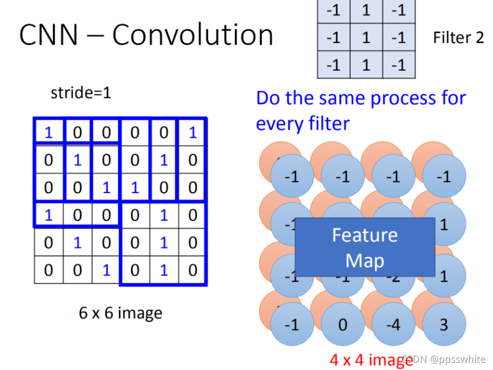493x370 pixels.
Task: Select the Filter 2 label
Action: pos(458,37)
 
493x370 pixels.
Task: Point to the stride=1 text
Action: pos(80,93)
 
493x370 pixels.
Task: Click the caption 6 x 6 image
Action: pos(120,313)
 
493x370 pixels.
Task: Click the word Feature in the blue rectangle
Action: pos(364,235)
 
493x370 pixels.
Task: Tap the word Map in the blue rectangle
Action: pos(364,261)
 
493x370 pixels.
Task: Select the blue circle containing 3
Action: pos(444,324)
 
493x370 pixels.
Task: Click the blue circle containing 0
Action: pos(342,324)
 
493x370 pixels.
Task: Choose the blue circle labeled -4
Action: pos(393,324)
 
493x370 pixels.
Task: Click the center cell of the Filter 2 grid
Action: pos(366,37)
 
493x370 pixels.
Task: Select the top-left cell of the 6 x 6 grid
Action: pos(49,133)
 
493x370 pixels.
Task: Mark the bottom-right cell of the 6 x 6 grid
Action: pos(193,270)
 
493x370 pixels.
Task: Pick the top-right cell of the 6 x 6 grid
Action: pos(193,133)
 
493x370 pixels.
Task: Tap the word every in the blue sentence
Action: pos(282,123)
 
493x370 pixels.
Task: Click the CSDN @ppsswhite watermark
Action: pos(443,359)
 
